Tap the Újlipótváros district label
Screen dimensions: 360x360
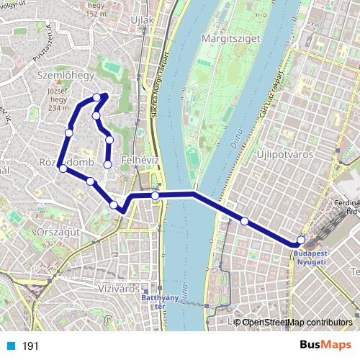pyautogui.click(x=282, y=156)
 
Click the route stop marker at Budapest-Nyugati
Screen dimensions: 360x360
pyautogui.click(x=301, y=240)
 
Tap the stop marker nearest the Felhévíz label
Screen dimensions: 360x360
pyautogui.click(x=108, y=165)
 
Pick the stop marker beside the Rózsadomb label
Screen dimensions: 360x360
pyautogui.click(x=63, y=169)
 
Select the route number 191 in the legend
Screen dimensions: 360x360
pyautogui.click(x=30, y=346)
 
